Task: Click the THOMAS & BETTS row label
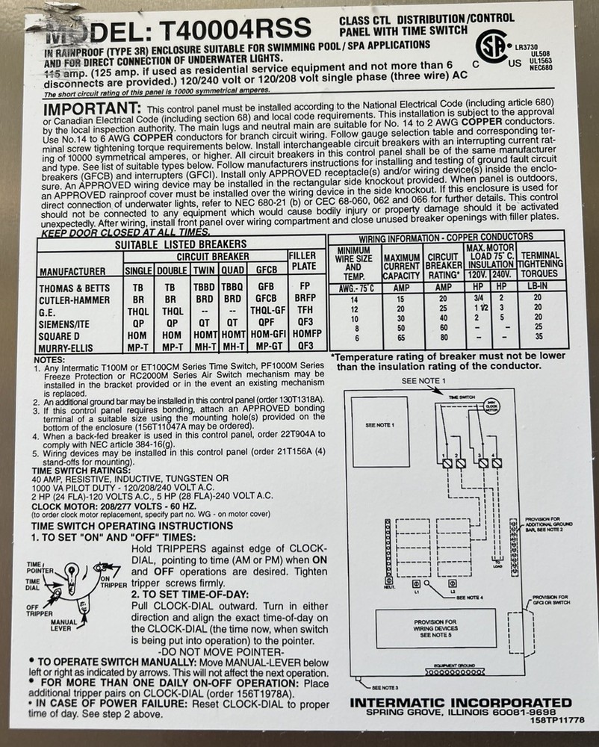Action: pos(72,288)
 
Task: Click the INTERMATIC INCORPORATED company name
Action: pos(461,703)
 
